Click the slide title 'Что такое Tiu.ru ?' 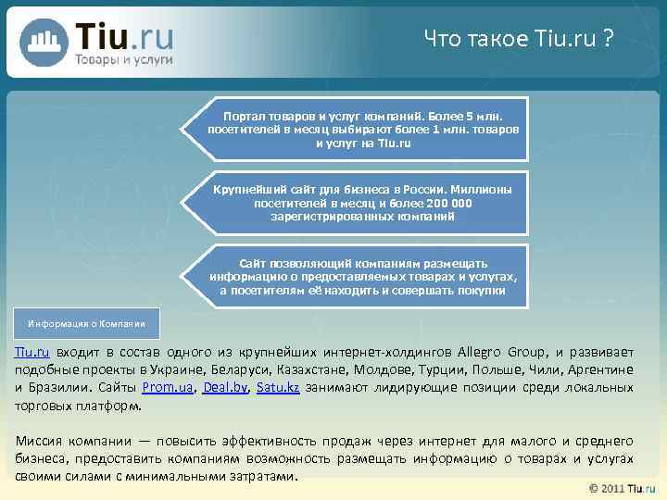[518, 39]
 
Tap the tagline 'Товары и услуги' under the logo [124, 59]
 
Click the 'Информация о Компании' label [87, 324]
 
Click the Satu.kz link [278, 387]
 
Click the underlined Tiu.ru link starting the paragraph [31, 352]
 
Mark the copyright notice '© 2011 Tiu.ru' [622, 488]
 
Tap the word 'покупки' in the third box [481, 290]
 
